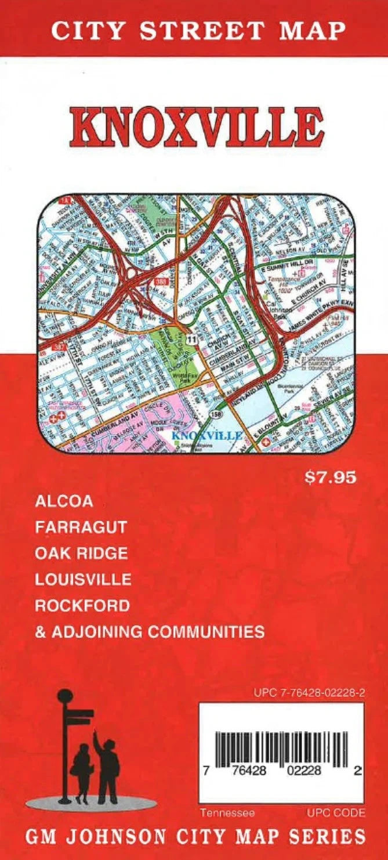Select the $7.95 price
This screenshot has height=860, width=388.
[x=330, y=479]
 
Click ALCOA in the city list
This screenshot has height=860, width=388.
[x=64, y=501]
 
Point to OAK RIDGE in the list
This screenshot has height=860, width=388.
[x=81, y=553]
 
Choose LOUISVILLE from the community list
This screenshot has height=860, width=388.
[x=83, y=579]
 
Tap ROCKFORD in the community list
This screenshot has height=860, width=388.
[x=82, y=605]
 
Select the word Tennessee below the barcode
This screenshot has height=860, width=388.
[x=227, y=813]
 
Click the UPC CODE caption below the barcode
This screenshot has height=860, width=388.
[x=336, y=813]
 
